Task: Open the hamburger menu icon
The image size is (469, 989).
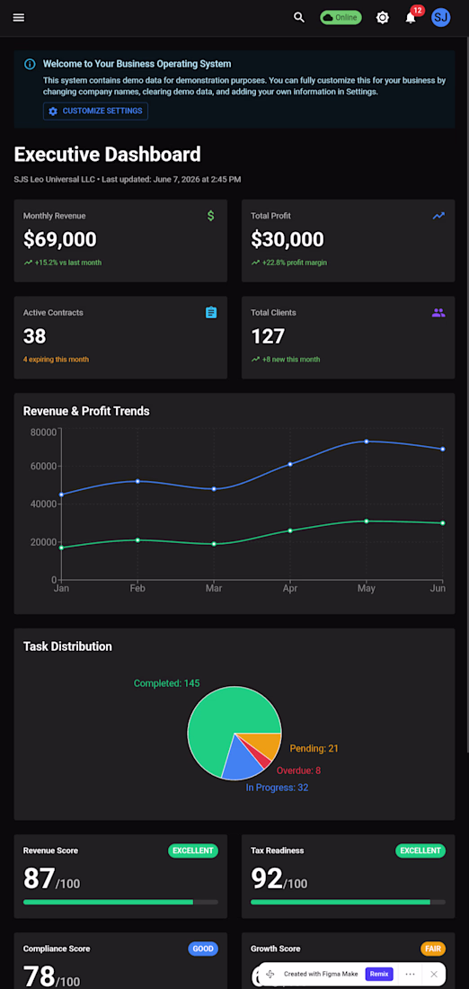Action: tap(19, 18)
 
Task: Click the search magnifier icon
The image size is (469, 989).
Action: tap(299, 18)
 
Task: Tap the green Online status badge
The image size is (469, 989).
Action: tap(341, 18)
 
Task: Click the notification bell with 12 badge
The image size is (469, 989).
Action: tap(411, 16)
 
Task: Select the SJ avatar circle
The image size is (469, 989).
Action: tap(440, 18)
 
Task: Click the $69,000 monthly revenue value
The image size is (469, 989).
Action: tap(60, 240)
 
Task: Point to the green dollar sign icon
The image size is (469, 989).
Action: tap(210, 216)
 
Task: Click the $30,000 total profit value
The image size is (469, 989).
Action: tap(288, 240)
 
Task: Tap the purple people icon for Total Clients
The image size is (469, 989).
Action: tap(438, 313)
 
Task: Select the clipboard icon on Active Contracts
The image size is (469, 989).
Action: tap(211, 312)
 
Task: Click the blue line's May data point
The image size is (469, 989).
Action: tap(367, 441)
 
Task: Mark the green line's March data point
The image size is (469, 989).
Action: tap(214, 544)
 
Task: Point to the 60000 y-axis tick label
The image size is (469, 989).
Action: tap(44, 467)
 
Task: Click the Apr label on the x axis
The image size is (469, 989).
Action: tap(289, 589)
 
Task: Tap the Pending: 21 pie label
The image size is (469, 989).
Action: tap(314, 749)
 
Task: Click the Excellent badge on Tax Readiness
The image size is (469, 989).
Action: tap(420, 851)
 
